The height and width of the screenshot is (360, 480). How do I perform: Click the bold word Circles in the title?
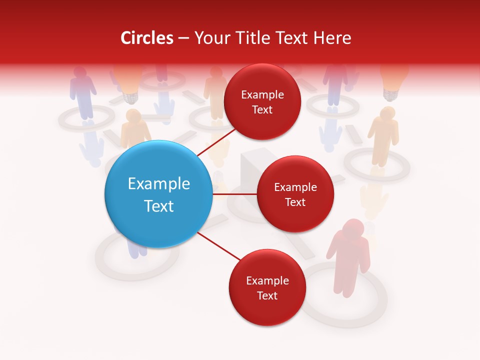[146, 38]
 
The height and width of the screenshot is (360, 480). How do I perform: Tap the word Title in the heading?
[248, 38]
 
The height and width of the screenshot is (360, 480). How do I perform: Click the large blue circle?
[158, 194]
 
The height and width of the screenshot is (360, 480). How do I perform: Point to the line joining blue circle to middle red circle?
[234, 194]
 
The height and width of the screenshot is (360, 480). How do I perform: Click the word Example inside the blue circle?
[158, 184]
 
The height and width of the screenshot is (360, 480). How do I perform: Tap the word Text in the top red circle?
[262, 110]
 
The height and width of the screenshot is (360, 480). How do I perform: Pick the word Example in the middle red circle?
[295, 187]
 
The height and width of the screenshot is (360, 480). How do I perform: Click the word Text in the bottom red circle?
[267, 296]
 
